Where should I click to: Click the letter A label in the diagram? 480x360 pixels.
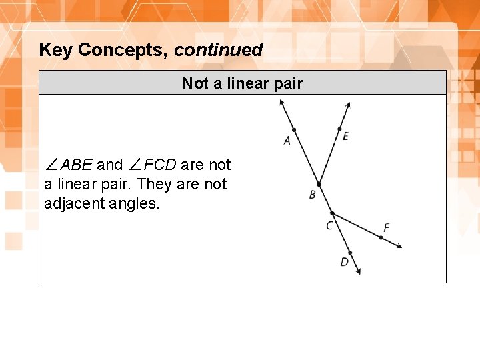pos(287,141)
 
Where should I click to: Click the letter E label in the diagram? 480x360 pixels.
pos(345,137)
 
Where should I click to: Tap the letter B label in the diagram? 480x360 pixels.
pos(312,195)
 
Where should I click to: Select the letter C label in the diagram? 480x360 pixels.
pos(329,226)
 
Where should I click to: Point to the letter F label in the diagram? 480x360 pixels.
pos(386,228)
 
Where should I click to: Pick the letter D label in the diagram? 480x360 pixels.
pos(344,262)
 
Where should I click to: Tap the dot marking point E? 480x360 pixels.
pos(339,129)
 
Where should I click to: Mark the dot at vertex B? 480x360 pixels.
pos(319,184)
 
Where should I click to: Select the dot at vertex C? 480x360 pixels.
pos(332,213)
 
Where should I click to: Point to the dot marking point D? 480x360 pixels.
pos(350,253)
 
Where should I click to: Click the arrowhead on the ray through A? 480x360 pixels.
pos(281,102)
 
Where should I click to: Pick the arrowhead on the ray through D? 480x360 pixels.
pos(359,271)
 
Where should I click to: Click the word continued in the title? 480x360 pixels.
pos(219,50)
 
